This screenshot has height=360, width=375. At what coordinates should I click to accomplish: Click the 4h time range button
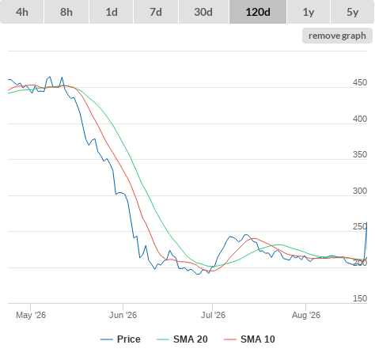(x=22, y=12)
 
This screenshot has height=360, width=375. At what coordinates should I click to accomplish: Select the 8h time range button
(x=66, y=12)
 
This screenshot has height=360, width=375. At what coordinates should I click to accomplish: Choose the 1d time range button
(x=112, y=12)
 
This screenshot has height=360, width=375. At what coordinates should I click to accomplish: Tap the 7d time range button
(x=156, y=12)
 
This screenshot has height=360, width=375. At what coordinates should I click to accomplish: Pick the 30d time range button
(x=203, y=12)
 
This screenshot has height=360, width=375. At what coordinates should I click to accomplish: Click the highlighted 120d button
(x=258, y=12)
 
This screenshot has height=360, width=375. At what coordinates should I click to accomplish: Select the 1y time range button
(x=309, y=12)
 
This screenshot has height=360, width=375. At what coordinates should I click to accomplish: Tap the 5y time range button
(x=353, y=12)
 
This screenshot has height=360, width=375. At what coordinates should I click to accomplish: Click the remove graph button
(x=337, y=36)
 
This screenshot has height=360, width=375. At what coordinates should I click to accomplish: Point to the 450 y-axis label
(x=360, y=82)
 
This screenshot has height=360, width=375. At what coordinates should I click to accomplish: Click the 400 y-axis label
(x=360, y=119)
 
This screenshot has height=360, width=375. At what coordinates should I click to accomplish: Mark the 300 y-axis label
(x=360, y=191)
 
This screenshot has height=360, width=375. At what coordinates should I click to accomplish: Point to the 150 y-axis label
(x=360, y=298)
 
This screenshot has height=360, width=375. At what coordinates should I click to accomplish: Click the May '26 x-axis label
(x=31, y=315)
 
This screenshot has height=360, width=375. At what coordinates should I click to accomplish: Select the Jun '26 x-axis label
(x=123, y=315)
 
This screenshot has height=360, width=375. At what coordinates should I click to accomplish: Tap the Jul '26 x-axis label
(x=213, y=315)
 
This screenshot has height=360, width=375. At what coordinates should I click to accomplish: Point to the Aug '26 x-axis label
(x=306, y=315)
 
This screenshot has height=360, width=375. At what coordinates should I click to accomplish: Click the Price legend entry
(x=120, y=339)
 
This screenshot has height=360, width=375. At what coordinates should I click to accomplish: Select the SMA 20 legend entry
(x=182, y=339)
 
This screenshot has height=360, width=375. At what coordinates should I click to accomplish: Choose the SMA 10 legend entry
(x=249, y=339)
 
